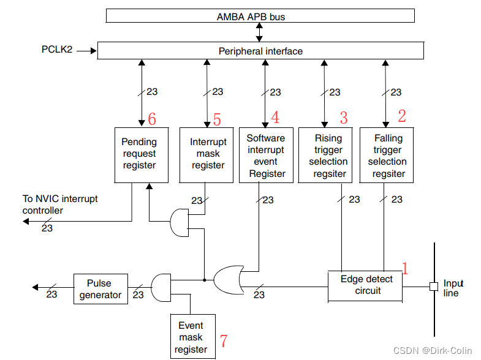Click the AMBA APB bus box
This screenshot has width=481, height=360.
(x=260, y=16)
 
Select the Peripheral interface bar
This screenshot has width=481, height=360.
(x=260, y=51)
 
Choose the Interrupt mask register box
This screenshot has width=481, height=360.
(x=208, y=154)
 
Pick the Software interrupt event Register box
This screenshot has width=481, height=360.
(x=266, y=156)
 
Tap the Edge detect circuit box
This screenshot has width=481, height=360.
(x=366, y=285)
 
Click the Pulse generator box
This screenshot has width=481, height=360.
(x=99, y=289)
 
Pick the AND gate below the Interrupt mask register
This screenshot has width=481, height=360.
(x=178, y=222)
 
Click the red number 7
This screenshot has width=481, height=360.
(x=224, y=341)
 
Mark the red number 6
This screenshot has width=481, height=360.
(x=152, y=119)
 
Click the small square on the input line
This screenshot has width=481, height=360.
(x=433, y=286)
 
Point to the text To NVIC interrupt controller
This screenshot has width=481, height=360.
(x=60, y=204)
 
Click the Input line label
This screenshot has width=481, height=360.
(x=453, y=288)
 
